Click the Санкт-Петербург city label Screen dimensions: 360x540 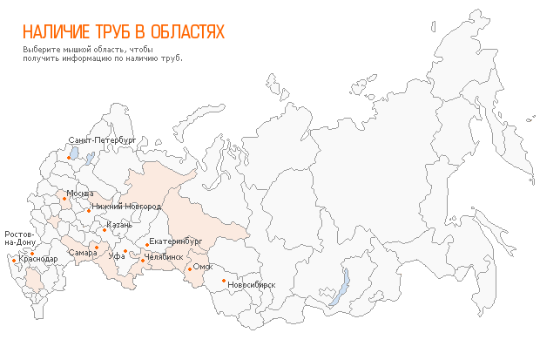pos(102,139)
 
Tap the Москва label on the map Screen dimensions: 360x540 pos(80,193)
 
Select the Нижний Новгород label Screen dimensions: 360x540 pos(126,207)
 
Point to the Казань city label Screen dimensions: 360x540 pos(119,225)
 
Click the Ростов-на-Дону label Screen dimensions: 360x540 pos(20,238)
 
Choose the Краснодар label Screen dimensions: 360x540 pos(38,259)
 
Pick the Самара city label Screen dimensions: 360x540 pos(82,253)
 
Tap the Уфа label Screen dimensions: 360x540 pos(117,256)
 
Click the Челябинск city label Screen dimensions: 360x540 pos(165,257)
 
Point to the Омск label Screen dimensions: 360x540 pos(203,267)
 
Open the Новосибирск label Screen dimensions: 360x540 pos(251,284)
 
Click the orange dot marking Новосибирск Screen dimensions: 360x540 pos(224,281)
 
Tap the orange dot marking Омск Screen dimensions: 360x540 pos(190,269)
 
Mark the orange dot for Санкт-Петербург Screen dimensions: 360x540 pos(70,158)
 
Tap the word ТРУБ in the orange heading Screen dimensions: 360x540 pos(116,32)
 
